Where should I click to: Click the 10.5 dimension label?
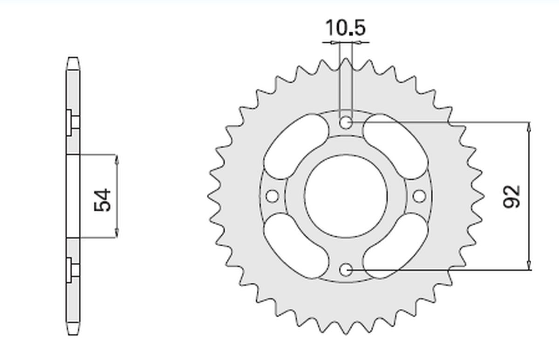click(345, 28)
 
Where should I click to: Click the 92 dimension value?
click(511, 196)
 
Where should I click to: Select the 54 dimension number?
click(103, 199)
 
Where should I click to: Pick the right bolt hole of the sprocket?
click(419, 196)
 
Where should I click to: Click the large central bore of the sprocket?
click(345, 196)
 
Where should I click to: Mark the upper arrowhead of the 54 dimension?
click(116, 158)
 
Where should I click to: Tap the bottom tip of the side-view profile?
click(73, 333)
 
